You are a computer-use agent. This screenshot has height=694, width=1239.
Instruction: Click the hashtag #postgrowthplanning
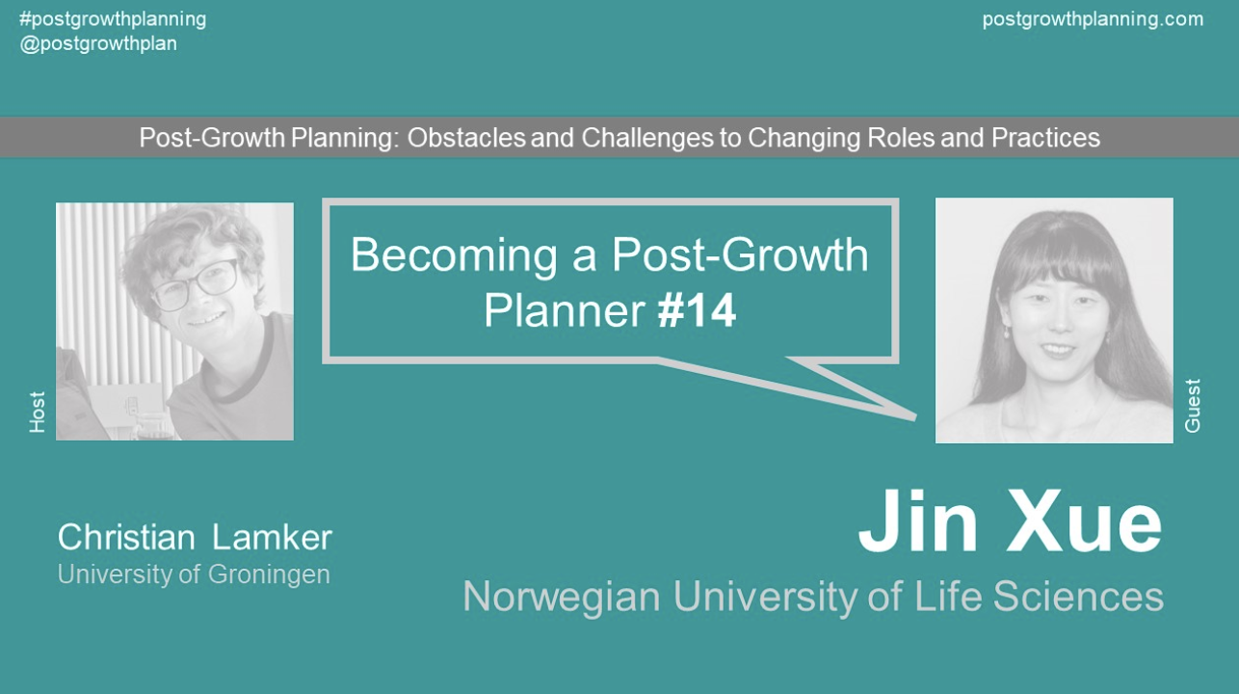113,19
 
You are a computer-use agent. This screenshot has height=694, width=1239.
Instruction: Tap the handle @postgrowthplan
98,43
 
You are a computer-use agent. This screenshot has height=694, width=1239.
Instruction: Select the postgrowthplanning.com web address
1093,19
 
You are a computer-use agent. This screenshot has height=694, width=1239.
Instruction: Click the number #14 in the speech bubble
697,311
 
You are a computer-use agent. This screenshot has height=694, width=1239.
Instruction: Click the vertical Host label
38,412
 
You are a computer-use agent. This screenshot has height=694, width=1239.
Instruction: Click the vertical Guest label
1193,406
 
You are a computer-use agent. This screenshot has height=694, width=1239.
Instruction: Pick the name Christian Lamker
195,537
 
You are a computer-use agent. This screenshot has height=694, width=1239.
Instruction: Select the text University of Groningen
194,574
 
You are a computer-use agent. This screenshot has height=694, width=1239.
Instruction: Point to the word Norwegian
562,597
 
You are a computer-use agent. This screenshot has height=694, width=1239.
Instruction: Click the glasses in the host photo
196,283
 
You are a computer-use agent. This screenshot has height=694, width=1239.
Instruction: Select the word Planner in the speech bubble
564,311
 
